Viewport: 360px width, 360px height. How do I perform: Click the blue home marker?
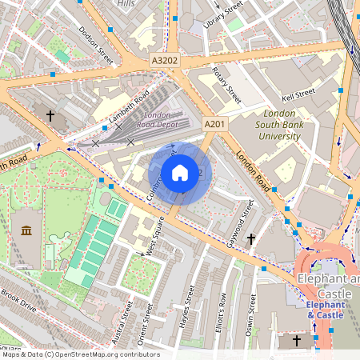180,173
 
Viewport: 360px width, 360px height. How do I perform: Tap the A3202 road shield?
163,60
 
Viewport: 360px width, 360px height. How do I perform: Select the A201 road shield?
215,125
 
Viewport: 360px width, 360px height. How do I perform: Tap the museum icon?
26,231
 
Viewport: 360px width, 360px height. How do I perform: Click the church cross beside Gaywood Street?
251,238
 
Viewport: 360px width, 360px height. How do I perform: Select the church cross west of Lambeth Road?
50,116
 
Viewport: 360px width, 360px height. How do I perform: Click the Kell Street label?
300,94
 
